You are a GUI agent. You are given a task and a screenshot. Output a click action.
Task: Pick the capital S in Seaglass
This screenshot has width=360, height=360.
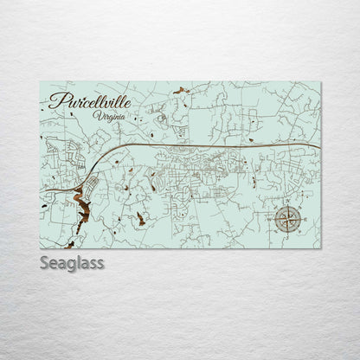45,262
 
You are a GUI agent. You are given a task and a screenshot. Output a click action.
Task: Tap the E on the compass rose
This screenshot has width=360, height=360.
305,220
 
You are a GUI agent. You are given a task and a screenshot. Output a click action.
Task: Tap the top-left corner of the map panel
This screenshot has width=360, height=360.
40,82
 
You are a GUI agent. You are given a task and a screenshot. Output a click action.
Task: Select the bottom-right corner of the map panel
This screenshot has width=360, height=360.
320,248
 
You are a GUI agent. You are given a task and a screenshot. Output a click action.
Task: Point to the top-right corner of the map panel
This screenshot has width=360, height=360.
320,82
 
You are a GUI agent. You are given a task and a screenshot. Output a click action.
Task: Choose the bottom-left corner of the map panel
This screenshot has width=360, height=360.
40,248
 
